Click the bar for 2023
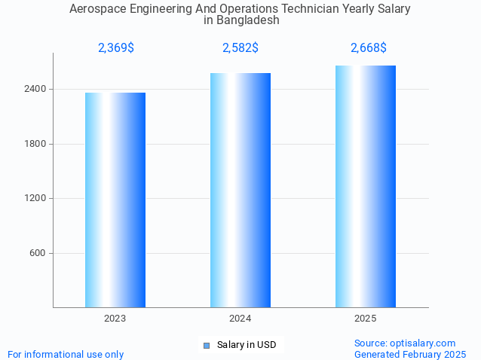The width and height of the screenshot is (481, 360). pyautogui.click(x=115, y=200)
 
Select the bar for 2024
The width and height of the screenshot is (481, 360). pyautogui.click(x=240, y=190)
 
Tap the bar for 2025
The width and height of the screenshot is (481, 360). pyautogui.click(x=366, y=186)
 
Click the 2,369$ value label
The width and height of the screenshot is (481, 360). pyautogui.click(x=116, y=48)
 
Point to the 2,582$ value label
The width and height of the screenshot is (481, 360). pyautogui.click(x=240, y=48)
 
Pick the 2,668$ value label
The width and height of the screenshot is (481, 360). pyautogui.click(x=369, y=48)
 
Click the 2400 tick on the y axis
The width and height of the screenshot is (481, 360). pyautogui.click(x=36, y=89)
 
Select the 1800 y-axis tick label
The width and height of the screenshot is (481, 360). pyautogui.click(x=36, y=144)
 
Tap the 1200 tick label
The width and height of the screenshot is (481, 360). pyautogui.click(x=36, y=199)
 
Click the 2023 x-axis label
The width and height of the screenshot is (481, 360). pyautogui.click(x=115, y=319)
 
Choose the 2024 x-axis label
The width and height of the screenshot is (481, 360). pyautogui.click(x=240, y=319)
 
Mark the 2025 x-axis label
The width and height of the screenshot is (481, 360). pyautogui.click(x=366, y=319)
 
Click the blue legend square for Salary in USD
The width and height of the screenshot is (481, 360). pyautogui.click(x=206, y=346)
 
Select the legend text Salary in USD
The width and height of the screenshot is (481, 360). pyautogui.click(x=247, y=345)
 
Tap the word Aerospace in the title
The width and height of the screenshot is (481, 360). pyautogui.click(x=97, y=9)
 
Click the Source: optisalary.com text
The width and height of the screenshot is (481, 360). pyautogui.click(x=405, y=343)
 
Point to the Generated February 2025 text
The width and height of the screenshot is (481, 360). pyautogui.click(x=410, y=354)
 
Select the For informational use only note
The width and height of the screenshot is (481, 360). pyautogui.click(x=66, y=354)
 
